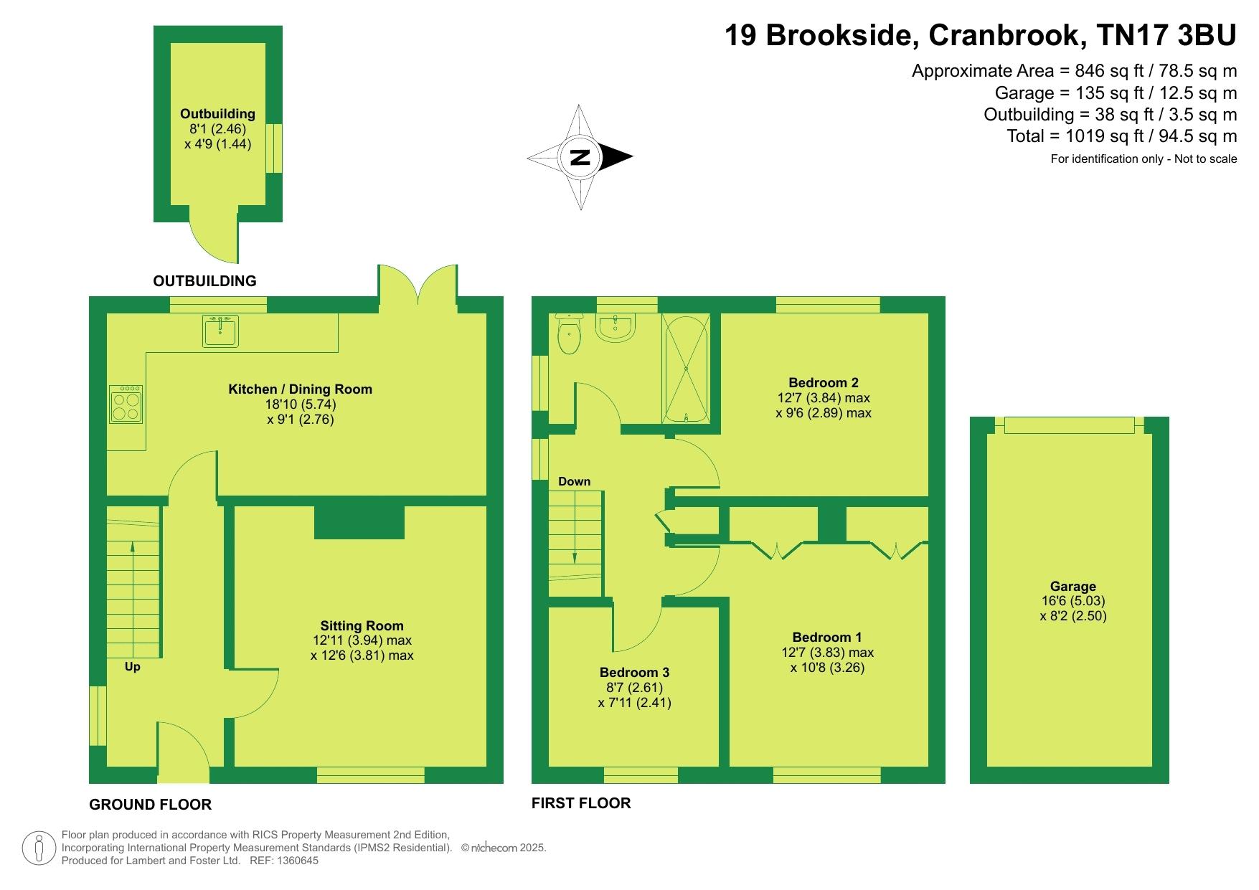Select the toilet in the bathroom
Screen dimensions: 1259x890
[569, 333]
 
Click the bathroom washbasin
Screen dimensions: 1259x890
[615, 328]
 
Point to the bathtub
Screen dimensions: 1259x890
[687, 369]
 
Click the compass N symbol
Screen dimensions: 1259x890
[580, 157]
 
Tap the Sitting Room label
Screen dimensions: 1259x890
[362, 625]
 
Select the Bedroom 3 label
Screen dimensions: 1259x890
[634, 672]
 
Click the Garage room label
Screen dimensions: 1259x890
[1073, 586]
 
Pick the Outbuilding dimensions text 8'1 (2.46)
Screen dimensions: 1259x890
[218, 129]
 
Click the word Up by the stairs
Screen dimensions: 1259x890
[133, 667]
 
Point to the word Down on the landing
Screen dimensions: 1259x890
[575, 481]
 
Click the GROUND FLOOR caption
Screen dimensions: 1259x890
[150, 805]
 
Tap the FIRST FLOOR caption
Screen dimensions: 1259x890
[581, 803]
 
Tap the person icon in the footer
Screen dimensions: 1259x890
[39, 848]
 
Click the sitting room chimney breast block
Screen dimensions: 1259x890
[359, 521]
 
